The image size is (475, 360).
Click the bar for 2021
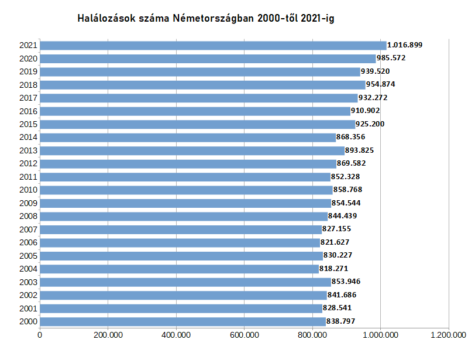point(213,45)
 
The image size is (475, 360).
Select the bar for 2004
point(179,269)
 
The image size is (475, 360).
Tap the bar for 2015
point(197,124)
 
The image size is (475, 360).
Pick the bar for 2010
point(186,190)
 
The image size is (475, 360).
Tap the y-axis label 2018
point(28,85)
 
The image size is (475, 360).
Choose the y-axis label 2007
point(28,229)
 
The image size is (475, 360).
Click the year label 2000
point(28,321)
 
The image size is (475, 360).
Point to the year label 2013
point(28,150)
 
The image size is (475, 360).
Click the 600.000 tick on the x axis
point(245,335)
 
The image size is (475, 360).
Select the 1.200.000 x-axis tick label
point(449,335)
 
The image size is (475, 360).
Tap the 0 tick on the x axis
point(40,335)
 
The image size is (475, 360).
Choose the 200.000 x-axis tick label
point(108,335)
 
